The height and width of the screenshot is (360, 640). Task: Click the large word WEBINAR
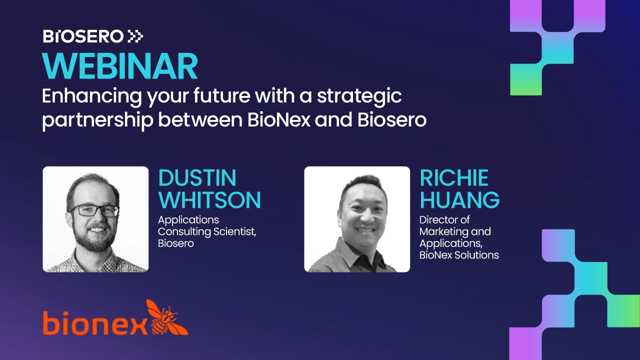point(120,66)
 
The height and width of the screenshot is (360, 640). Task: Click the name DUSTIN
point(197,178)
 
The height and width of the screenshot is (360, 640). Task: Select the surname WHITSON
point(209,200)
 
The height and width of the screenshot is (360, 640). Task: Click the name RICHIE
point(454,178)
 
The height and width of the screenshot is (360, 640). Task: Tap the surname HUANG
point(459,200)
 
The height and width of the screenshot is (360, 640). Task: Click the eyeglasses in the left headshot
point(95,210)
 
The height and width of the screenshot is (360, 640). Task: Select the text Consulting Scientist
point(207,232)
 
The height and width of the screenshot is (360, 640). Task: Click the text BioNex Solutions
point(459,255)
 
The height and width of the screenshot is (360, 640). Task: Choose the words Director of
point(444,220)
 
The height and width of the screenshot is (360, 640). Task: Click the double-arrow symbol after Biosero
point(135,36)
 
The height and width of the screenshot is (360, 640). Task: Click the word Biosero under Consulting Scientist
point(175,243)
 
